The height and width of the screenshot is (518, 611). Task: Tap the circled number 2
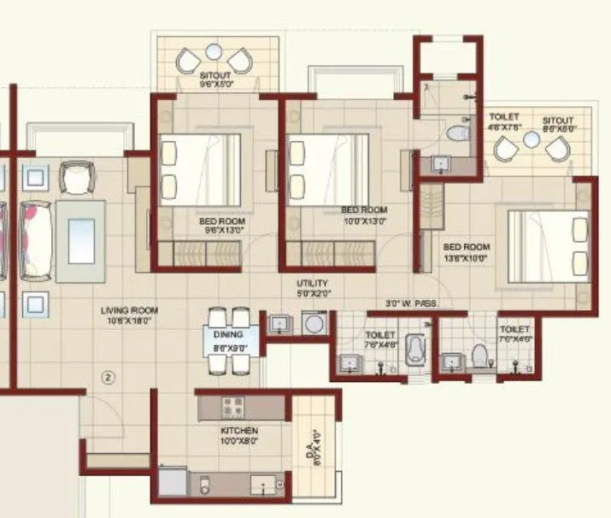(x=109, y=375)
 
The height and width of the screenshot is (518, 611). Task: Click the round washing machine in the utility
(x=314, y=323)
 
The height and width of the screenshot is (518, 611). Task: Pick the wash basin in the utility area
(x=279, y=324)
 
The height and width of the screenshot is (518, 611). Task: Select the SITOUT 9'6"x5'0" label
(x=216, y=79)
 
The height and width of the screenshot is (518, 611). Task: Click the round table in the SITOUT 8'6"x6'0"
(x=532, y=139)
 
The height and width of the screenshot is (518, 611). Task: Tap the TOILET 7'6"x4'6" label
(x=380, y=339)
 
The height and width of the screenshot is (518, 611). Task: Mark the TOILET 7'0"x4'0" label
(x=514, y=333)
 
